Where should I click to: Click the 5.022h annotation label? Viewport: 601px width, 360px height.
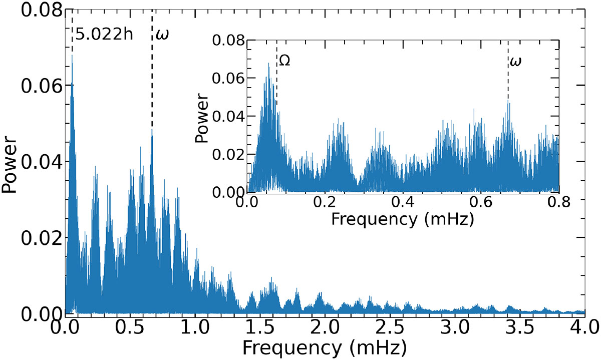[103, 36]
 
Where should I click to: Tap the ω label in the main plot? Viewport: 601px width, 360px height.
[160, 35]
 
